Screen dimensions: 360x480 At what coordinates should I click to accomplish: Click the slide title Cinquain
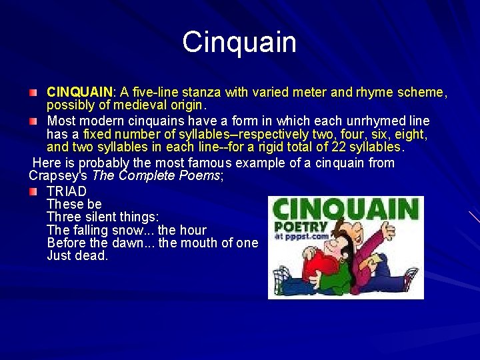(239, 42)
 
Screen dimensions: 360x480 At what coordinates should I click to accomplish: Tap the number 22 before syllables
(321, 147)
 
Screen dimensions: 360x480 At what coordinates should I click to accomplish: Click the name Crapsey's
(57, 176)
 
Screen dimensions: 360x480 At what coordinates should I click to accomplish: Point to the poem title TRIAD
(67, 191)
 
